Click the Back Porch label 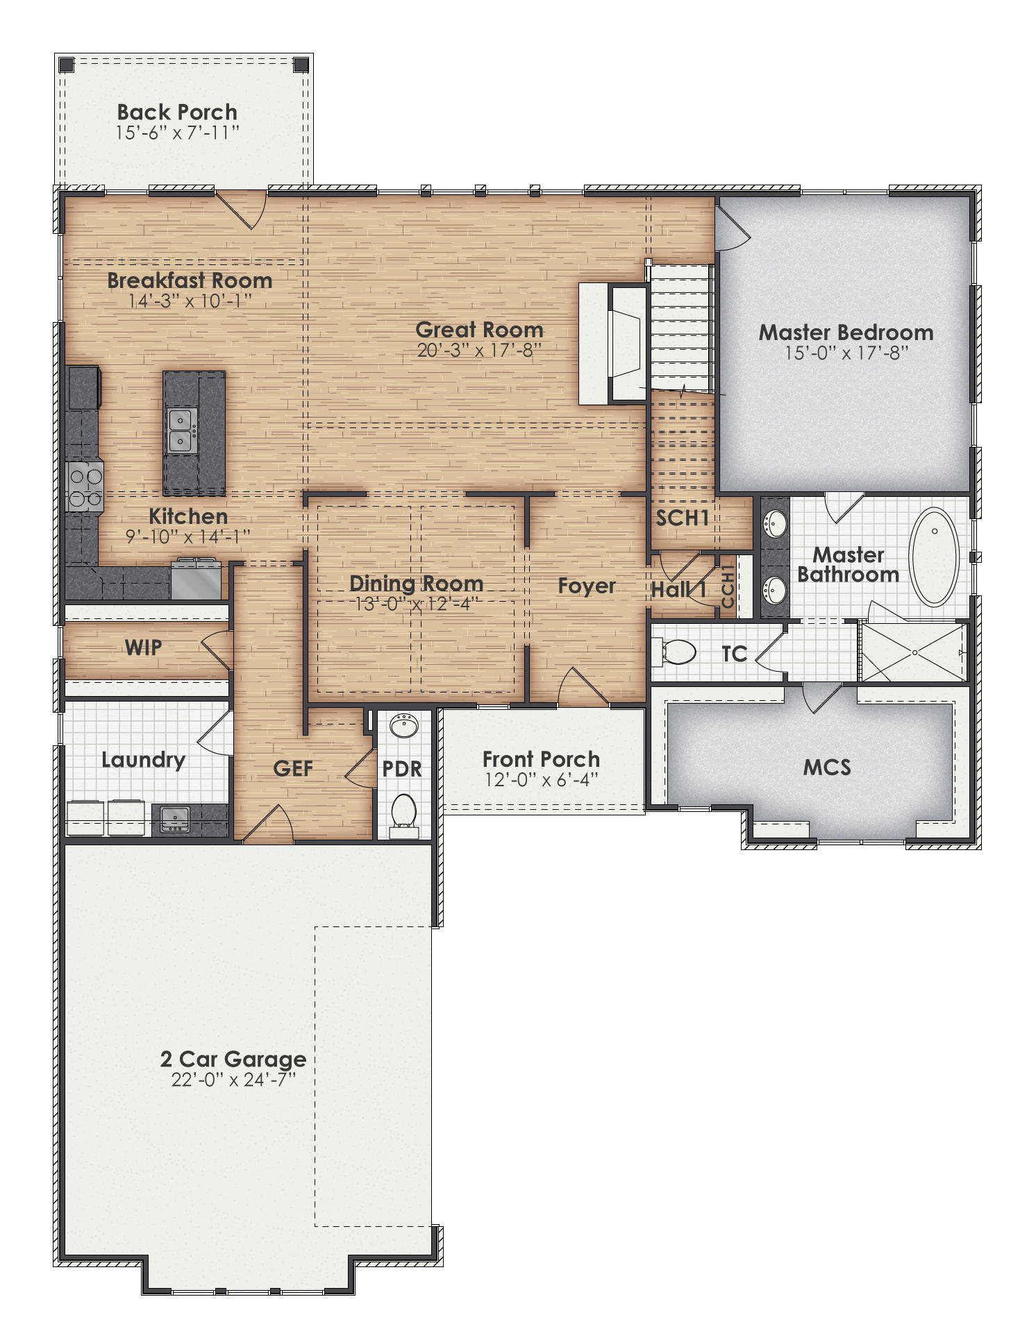[x=176, y=112]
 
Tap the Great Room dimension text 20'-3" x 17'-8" [x=479, y=350]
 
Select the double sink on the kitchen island [x=181, y=430]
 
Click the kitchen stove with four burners [x=85, y=488]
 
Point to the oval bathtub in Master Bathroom [x=934, y=557]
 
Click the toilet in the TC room [x=677, y=652]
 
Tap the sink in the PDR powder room [x=403, y=727]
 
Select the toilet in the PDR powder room [x=403, y=812]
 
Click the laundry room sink [x=175, y=820]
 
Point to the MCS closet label [x=826, y=768]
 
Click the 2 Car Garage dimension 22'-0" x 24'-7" [x=233, y=1080]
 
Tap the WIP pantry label [x=143, y=647]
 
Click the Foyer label [x=586, y=586]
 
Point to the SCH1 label [x=683, y=518]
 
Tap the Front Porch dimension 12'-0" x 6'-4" [x=541, y=780]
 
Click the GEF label [x=292, y=768]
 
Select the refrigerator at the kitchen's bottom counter [x=197, y=579]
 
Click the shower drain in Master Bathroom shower [x=914, y=653]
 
